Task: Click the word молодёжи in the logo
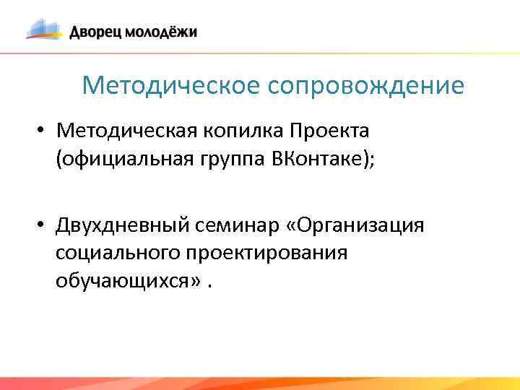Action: coord(161,32)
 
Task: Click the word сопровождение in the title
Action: coord(366,87)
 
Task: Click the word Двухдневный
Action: coord(123,227)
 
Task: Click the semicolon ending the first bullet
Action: coord(372,160)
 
